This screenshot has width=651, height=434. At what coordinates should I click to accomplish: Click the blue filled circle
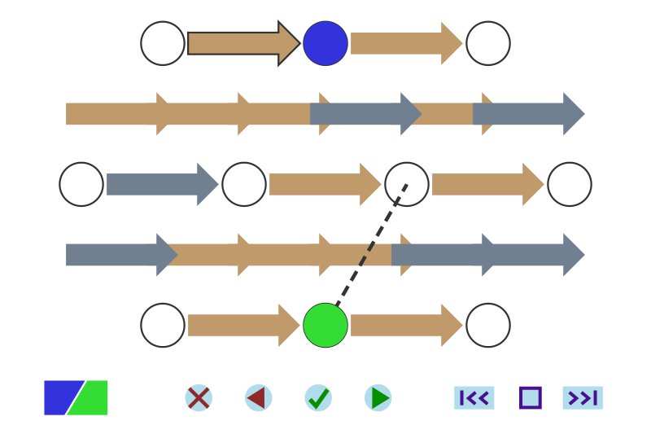click(325, 43)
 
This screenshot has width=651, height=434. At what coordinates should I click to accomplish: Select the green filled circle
click(325, 325)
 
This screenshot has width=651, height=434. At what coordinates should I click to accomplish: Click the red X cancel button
click(199, 398)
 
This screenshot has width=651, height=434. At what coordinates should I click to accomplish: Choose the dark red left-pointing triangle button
click(258, 398)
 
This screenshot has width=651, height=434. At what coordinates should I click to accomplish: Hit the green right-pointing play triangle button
click(378, 398)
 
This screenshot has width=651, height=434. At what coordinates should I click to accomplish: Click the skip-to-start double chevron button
click(474, 398)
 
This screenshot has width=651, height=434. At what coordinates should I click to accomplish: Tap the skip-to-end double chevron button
click(583, 398)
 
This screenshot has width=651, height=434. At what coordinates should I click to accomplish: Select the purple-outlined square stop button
click(531, 398)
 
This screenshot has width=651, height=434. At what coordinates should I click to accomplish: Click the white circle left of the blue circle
click(163, 43)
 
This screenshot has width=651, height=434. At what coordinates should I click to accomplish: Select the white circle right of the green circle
click(488, 325)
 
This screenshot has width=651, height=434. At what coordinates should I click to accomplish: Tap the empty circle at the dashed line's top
click(407, 184)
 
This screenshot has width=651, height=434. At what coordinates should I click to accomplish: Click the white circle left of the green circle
click(163, 325)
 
